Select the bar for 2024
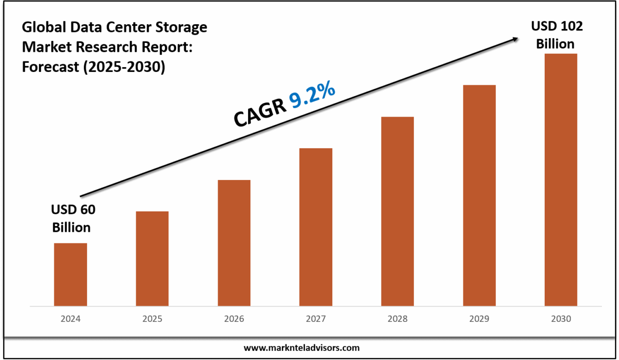click(70, 274)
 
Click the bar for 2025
click(152, 259)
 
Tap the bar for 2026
click(234, 243)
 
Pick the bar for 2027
click(316, 227)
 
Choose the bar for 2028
click(398, 211)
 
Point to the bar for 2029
click(479, 195)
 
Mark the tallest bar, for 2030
click(561, 180)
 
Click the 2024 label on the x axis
click(70, 319)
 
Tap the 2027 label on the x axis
click(316, 319)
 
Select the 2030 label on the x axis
click(561, 319)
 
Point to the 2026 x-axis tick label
click(234, 319)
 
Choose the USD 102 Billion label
click(556, 35)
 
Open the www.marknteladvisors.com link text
click(302, 348)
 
